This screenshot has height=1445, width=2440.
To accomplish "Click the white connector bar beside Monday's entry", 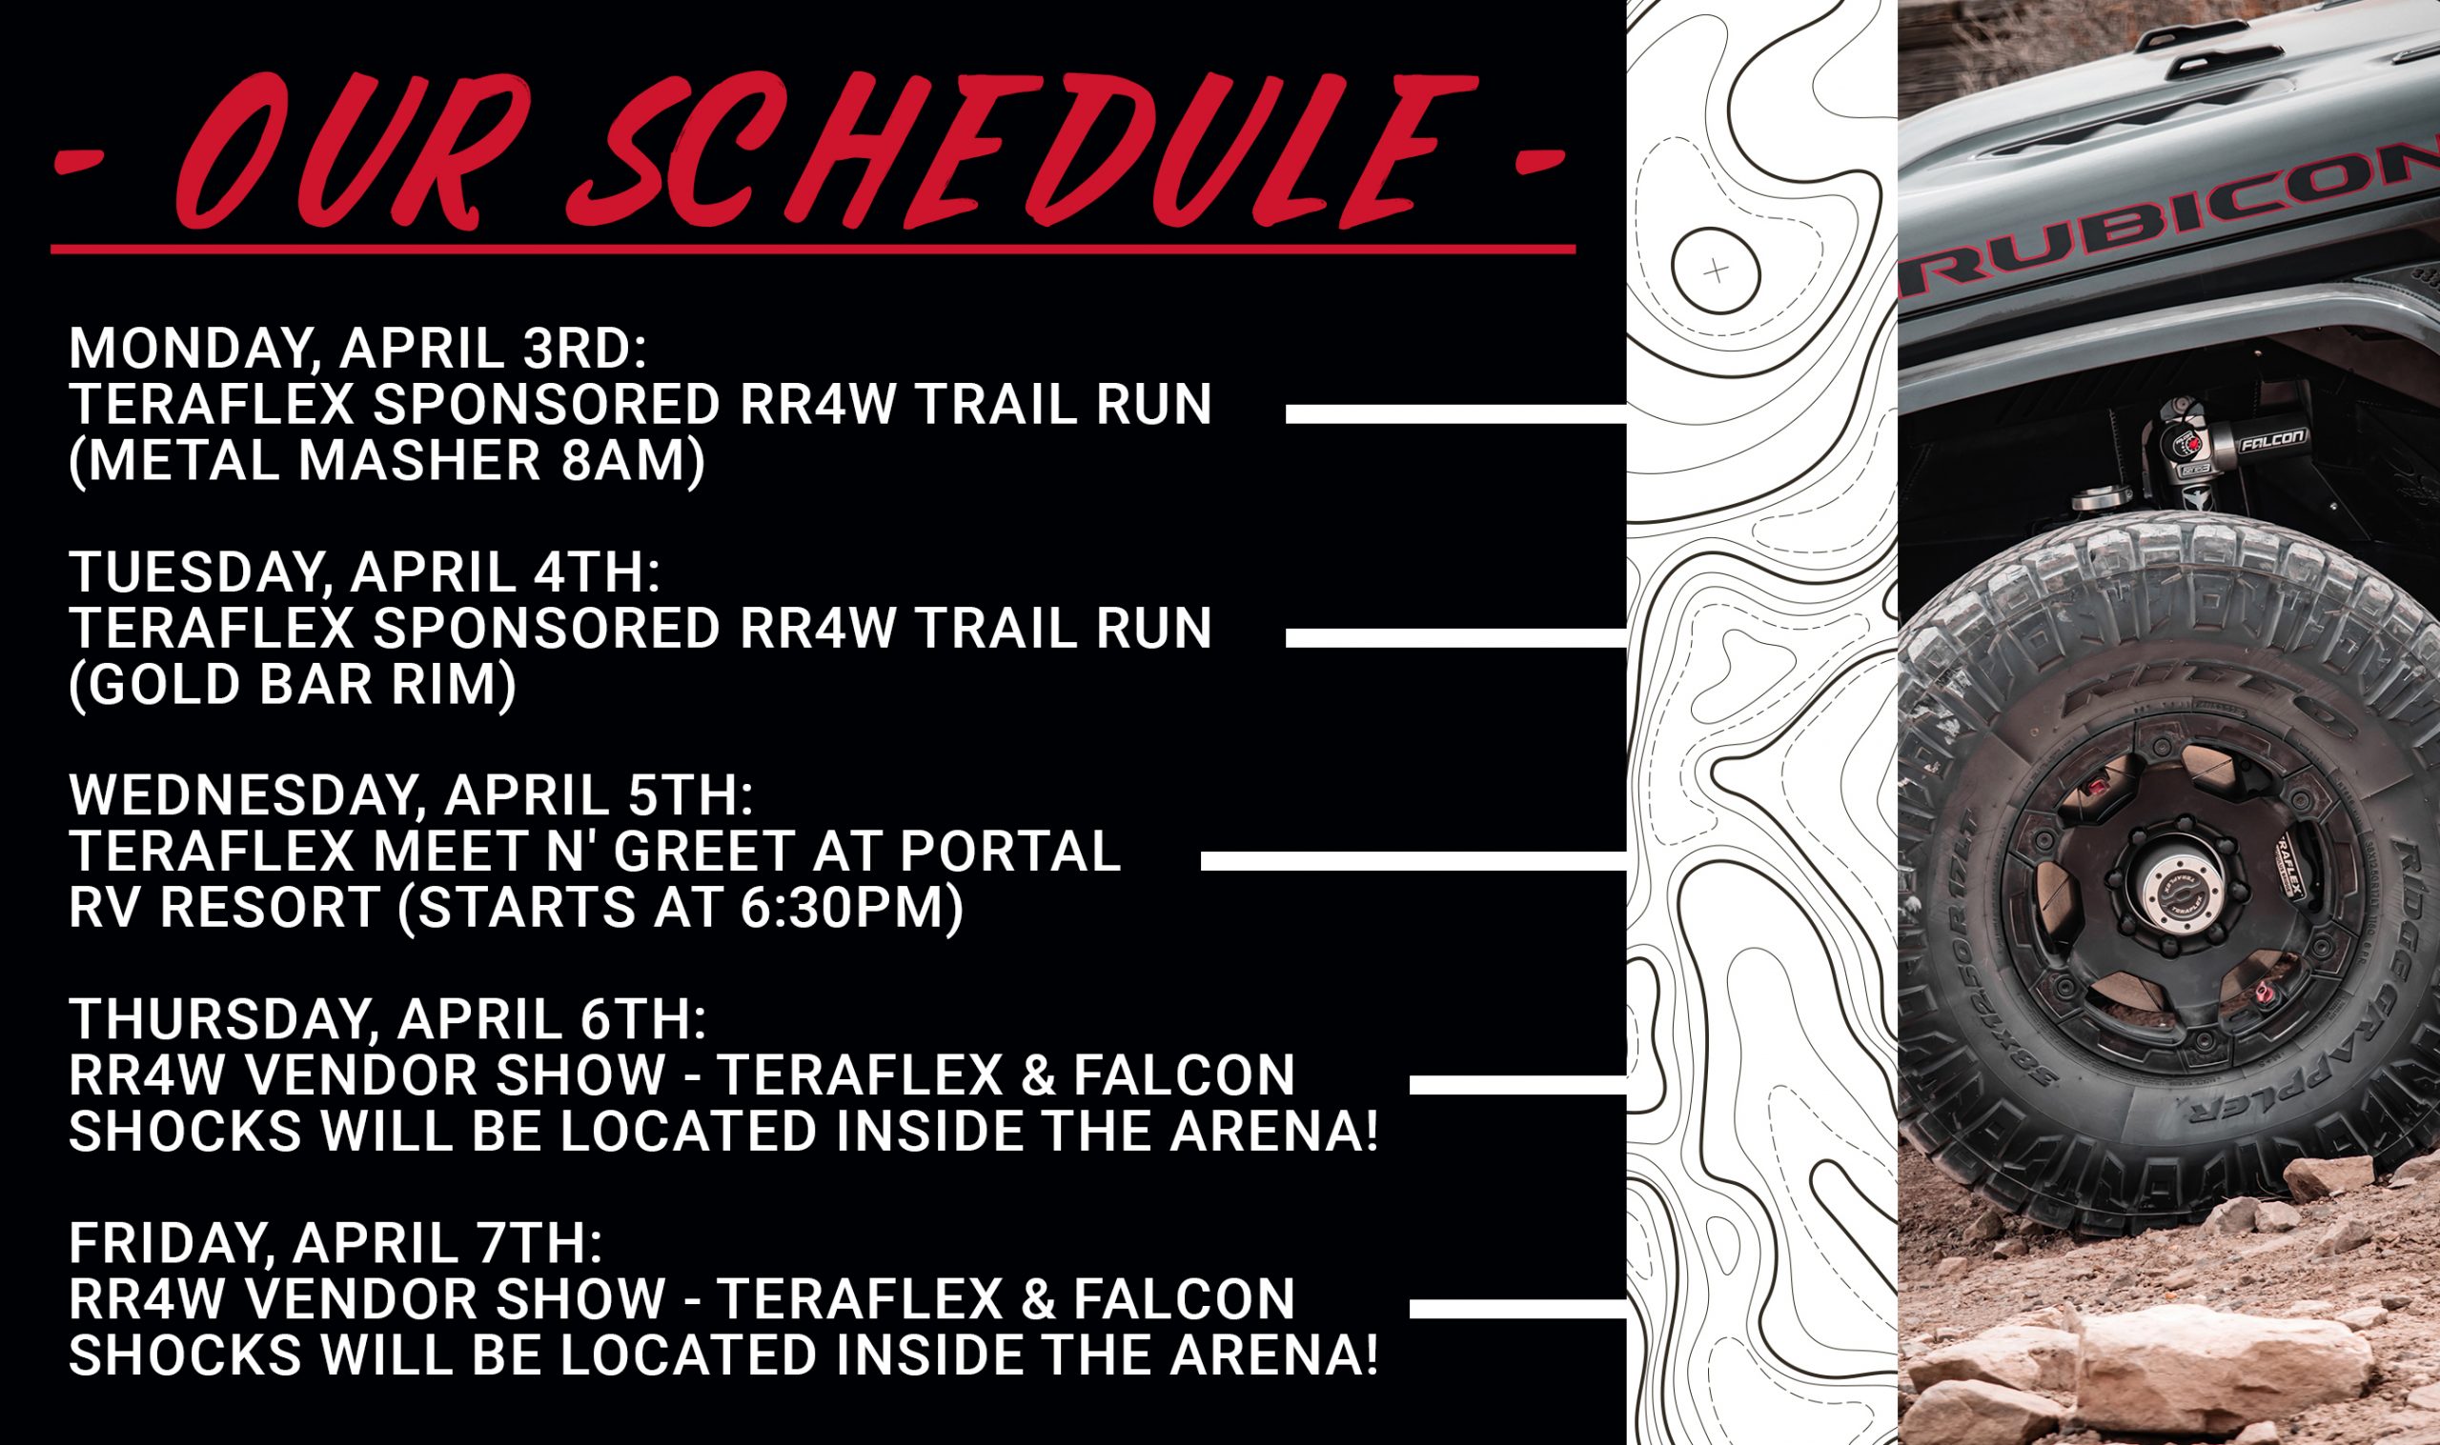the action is coord(1456,413).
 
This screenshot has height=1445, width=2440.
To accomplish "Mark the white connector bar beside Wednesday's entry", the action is coord(1413,861).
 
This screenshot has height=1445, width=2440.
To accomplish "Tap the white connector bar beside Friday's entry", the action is coord(1517,1308).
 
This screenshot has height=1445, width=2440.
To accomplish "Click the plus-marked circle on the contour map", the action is coord(1717,271).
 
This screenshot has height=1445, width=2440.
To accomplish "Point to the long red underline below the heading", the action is coord(813,250).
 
